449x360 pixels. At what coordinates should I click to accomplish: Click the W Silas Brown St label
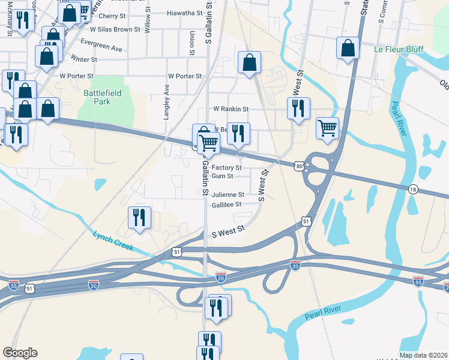coord(115,29)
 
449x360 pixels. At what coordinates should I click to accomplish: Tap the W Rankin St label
coord(231,109)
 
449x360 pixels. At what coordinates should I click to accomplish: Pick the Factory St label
coord(226,167)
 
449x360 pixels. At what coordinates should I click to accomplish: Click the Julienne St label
coord(228,195)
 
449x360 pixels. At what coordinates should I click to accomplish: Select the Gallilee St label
coord(226,205)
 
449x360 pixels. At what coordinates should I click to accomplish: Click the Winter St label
coord(83,59)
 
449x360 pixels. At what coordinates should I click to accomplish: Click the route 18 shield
coord(412,190)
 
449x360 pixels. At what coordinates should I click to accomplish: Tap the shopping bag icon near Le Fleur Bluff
coord(348,49)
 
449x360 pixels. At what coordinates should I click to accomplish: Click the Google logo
coord(20,353)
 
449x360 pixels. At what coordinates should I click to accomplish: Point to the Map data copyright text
coord(423,355)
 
